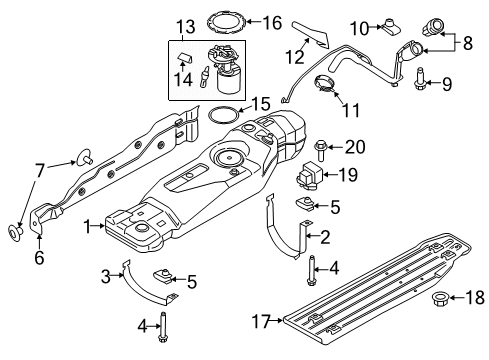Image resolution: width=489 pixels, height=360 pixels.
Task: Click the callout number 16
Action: click(x=269, y=19)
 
